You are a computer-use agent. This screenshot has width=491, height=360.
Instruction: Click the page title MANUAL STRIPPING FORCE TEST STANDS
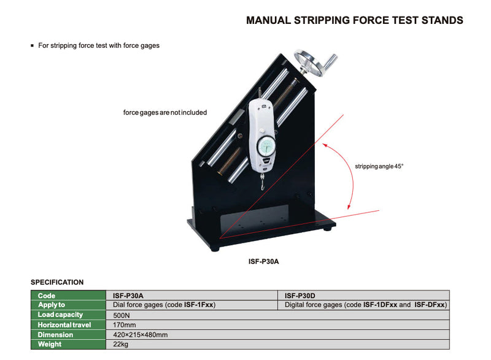click(354, 20)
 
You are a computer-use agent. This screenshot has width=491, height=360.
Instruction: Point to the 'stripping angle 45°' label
click(379, 166)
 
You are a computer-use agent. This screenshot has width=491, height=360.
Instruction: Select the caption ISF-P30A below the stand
click(264, 261)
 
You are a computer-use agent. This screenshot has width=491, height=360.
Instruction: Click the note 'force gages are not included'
click(165, 113)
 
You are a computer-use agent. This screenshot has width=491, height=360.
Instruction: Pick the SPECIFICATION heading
click(57, 282)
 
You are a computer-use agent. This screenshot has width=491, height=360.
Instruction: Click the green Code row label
click(47, 295)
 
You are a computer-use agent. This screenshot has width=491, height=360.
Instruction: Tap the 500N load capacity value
click(122, 315)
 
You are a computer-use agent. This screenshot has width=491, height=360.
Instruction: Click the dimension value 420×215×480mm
click(141, 335)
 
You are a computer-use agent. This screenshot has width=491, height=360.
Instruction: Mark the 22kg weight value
click(121, 345)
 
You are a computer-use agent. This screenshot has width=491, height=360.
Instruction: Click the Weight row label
click(50, 345)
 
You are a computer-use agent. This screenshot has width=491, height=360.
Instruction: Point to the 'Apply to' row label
click(52, 305)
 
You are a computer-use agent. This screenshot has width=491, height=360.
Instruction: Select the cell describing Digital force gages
click(366, 305)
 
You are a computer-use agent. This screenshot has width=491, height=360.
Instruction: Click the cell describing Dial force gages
click(164, 305)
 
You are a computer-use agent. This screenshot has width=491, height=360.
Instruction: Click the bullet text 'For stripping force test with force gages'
click(98, 45)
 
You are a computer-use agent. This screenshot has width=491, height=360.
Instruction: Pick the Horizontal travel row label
click(64, 324)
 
